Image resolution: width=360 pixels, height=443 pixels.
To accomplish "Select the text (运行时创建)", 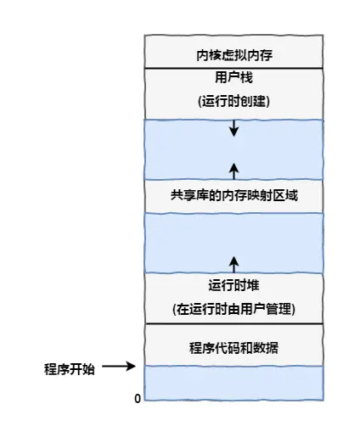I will click(233, 101).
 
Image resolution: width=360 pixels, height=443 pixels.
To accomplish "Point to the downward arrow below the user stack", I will click(234, 130).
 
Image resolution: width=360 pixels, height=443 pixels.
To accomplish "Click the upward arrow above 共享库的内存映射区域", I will click(234, 169).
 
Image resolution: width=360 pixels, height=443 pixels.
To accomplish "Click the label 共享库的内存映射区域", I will click(233, 195).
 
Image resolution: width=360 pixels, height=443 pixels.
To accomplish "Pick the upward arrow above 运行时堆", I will click(234, 261).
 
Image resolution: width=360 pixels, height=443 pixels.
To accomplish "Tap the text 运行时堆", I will click(233, 284).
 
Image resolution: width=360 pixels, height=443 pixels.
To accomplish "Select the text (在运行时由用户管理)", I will click(233, 306).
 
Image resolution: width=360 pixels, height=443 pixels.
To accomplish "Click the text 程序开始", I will click(70, 368).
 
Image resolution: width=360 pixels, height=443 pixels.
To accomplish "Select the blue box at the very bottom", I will click(233, 383).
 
